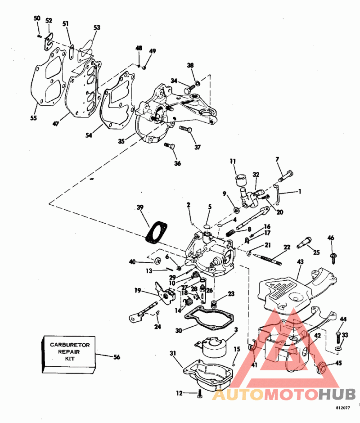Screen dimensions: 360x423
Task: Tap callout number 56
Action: coord(117,357)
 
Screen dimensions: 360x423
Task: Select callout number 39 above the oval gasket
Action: coord(140,207)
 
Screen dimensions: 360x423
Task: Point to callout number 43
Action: coord(300,261)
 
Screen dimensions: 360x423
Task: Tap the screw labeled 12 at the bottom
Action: coord(200,394)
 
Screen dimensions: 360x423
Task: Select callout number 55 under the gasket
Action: coord(34,118)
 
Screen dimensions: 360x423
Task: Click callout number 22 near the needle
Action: coord(287,247)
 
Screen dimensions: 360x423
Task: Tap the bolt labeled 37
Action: coord(186,129)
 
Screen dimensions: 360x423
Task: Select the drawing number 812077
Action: coord(343,408)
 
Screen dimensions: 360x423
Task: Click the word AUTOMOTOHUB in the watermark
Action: coord(283,395)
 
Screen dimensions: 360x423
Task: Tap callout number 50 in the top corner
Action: coord(37,18)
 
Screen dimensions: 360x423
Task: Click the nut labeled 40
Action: coord(158,261)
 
